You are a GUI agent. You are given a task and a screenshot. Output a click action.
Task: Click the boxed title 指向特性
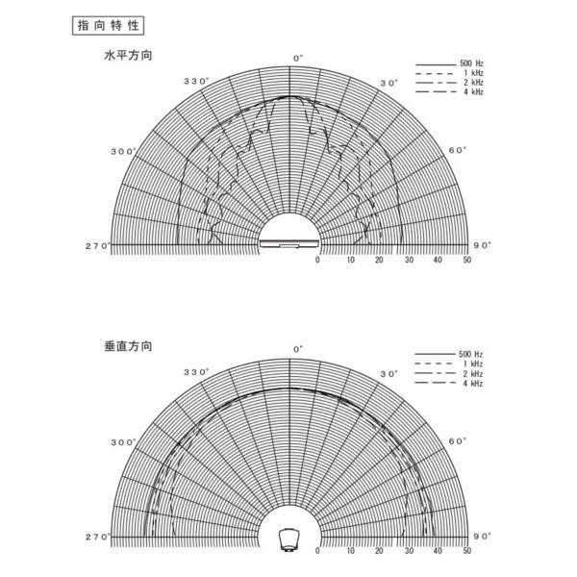pos(108,26)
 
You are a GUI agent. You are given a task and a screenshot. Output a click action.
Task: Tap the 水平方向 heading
pos(128,56)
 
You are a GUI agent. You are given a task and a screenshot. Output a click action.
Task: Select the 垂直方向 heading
pos(128,346)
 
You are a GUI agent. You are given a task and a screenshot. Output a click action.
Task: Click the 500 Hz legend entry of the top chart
pos(450,64)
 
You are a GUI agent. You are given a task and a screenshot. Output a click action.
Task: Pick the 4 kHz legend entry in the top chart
pos(450,92)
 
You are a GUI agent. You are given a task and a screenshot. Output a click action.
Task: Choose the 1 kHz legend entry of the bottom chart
pos(449,364)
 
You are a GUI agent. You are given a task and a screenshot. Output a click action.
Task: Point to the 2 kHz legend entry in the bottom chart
pos(449,374)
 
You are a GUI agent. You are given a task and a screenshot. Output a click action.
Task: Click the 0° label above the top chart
pos(298,58)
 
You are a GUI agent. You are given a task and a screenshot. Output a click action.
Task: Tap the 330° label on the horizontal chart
pos(196,82)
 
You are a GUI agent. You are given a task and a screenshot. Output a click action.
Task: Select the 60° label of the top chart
pos(458,150)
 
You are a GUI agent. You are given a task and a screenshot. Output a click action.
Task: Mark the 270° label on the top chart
pos(98,246)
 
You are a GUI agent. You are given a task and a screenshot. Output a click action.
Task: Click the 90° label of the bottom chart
pos(482,537)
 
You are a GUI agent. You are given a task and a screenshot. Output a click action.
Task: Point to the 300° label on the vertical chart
pos(124,442)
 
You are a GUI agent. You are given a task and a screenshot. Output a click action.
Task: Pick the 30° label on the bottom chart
pos(389,374)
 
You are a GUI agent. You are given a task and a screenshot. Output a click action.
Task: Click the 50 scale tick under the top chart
pos(467,260)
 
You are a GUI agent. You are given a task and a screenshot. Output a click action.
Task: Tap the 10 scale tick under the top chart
pos(351,260)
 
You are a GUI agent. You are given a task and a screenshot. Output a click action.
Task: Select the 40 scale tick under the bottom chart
pos(438,550)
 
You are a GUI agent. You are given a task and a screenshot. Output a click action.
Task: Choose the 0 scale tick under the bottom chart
pos(317,550)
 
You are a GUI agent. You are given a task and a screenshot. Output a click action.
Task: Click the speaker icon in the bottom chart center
pos(289,539)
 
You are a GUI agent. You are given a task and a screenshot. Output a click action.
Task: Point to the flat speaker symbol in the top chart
pos(289,243)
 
